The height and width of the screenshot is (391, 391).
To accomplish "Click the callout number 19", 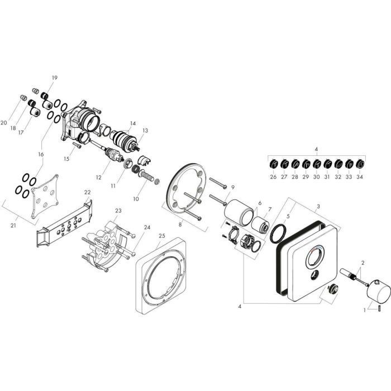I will (x=55, y=78).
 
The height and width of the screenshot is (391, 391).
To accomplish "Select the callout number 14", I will (x=132, y=123).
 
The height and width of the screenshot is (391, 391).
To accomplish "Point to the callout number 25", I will (x=161, y=236).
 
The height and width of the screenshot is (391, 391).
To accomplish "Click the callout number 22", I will (x=87, y=192).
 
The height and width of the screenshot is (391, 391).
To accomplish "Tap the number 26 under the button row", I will (x=274, y=177).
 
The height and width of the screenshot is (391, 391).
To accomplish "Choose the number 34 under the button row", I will (x=360, y=177).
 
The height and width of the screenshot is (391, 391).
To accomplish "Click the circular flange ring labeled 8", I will (x=184, y=190).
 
